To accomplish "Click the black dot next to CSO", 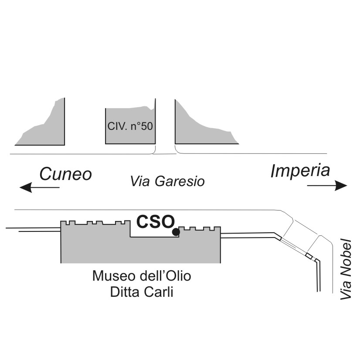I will (176, 232).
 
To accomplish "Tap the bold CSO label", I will (155, 221).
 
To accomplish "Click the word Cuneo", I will (66, 173).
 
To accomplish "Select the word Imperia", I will (300, 170).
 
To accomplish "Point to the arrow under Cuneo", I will (39, 188).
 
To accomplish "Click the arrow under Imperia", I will (327, 186).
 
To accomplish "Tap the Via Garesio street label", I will (167, 181).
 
